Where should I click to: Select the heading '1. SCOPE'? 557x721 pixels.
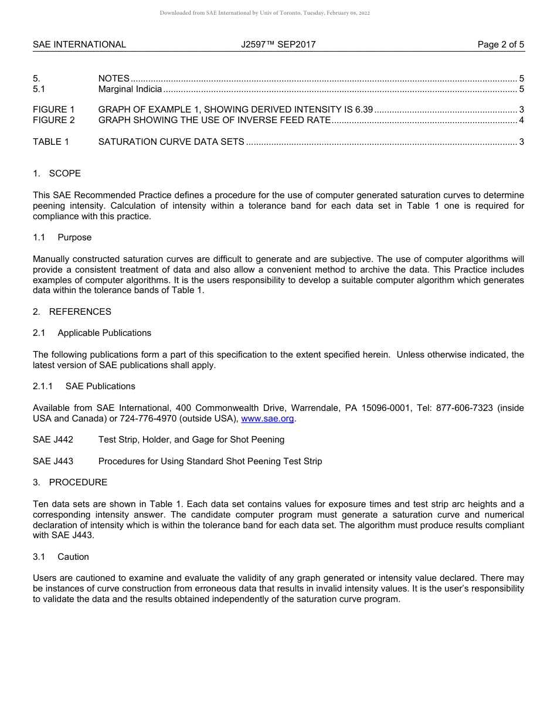pyautogui.click(x=57, y=174)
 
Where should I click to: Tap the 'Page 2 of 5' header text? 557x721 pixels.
pyautogui.click(x=501, y=45)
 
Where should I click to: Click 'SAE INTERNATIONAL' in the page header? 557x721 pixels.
pyautogui.click(x=79, y=45)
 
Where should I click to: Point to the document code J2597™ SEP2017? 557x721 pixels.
pyautogui.click(x=278, y=45)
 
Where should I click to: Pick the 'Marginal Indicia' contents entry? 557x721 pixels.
pyautogui.click(x=130, y=89)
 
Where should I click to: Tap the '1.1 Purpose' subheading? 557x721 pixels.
pyautogui.click(x=62, y=237)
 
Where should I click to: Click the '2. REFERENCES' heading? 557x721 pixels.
pyautogui.click(x=72, y=312)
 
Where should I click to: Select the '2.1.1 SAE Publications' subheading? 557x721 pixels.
pyautogui.click(x=84, y=386)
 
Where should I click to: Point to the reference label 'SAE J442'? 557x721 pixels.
pyautogui.click(x=53, y=440)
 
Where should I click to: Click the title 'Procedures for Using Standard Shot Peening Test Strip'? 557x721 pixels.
pyautogui.click(x=210, y=461)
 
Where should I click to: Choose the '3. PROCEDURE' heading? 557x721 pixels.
pyautogui.click(x=70, y=482)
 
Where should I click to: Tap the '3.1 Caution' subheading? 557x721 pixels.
pyautogui.click(x=61, y=557)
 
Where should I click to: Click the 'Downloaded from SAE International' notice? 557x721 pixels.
pyautogui.click(x=264, y=13)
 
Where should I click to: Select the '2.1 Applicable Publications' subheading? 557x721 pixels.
pyautogui.click(x=92, y=333)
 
